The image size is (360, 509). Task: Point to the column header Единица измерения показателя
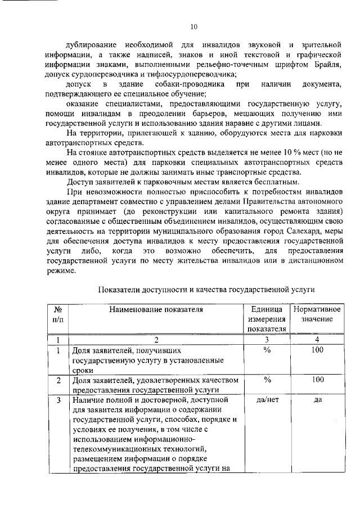tap(267, 319)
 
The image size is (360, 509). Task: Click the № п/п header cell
tap(57, 314)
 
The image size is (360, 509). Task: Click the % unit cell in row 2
tap(267, 381)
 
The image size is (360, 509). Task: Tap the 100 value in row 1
tap(317, 350)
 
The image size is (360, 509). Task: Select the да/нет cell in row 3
tap(267, 400)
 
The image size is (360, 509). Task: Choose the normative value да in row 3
tap(317, 400)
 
